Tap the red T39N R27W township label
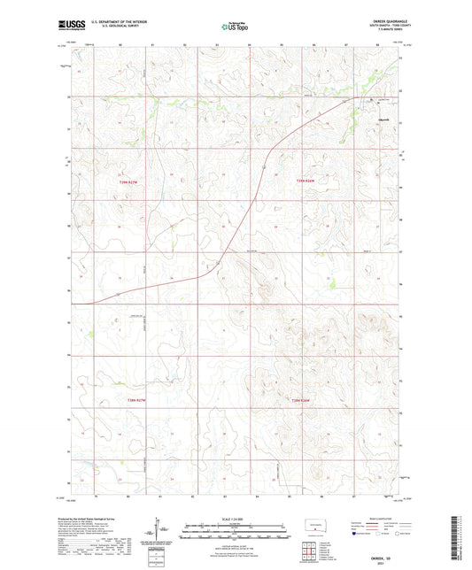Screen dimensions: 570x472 (131, 181)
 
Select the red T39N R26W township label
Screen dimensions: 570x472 (306, 181)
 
